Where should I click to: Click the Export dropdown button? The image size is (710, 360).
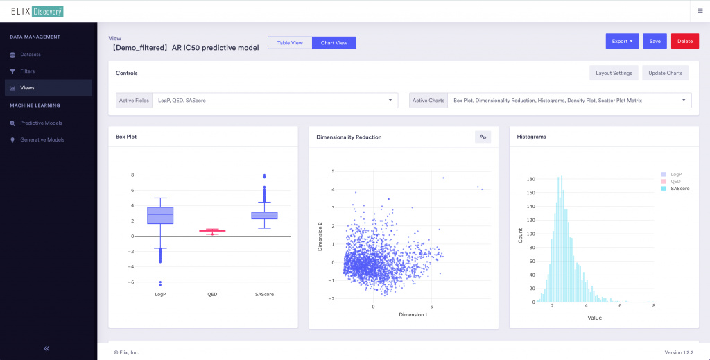pos(622,41)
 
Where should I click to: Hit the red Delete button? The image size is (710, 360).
pos(684,41)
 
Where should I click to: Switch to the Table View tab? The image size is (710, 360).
pos(290,43)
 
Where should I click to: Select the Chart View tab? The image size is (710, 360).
pos(334,43)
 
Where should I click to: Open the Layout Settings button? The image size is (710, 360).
pos(614,73)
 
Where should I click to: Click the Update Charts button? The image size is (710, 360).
pos(665,73)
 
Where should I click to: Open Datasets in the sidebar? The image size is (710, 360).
pos(31,54)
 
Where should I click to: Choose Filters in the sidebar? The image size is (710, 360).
pos(28,71)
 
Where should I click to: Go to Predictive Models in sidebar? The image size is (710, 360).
pos(41,123)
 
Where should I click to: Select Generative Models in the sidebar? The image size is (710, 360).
pos(42,139)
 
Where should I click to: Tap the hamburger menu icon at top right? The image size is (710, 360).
pos(699,10)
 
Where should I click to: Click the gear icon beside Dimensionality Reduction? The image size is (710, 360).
pos(483,137)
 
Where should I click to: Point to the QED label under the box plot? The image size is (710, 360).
pos(212,295)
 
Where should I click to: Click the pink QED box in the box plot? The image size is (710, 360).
pos(212,231)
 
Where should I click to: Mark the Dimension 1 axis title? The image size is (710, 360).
pos(413,315)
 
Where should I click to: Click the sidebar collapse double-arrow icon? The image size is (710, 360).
pos(47,348)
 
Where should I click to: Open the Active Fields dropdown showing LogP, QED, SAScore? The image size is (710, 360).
pos(274,101)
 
